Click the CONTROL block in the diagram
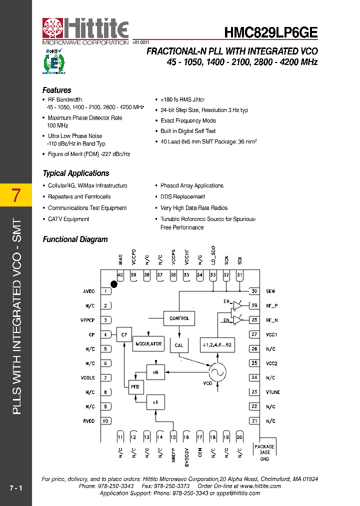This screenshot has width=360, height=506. (179, 318)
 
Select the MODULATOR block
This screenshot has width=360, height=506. (148, 343)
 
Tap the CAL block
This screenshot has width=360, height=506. (179, 345)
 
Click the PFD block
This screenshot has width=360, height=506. (135, 387)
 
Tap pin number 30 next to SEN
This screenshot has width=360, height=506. (254, 291)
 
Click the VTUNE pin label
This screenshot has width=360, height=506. (273, 392)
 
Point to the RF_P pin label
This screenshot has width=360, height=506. (272, 306)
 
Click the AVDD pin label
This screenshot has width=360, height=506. (88, 291)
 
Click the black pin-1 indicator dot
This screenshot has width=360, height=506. (114, 284)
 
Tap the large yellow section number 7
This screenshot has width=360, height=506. (16, 195)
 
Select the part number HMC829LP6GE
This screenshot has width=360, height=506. (270, 33)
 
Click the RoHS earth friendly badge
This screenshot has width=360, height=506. (53, 61)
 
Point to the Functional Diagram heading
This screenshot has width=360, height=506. (75, 239)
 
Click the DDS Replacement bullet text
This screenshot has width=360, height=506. (182, 197)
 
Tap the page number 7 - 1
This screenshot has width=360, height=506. (16, 487)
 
